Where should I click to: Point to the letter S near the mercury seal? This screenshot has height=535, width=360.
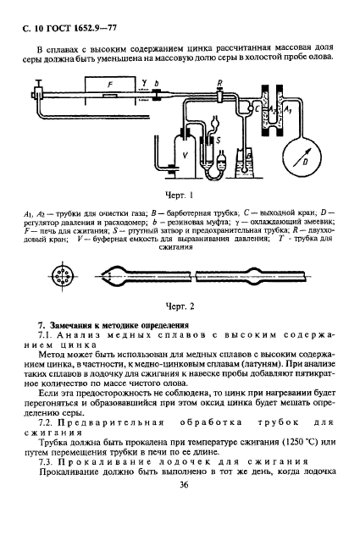coord(219,137)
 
